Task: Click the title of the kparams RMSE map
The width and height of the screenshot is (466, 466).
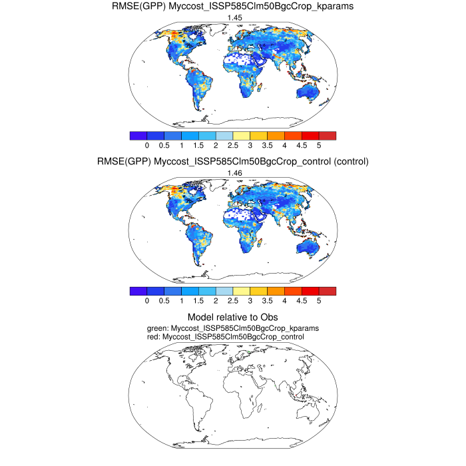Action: tap(232, 7)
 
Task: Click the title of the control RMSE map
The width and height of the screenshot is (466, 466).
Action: tap(232, 162)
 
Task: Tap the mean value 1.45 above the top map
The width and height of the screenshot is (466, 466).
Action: tap(233, 18)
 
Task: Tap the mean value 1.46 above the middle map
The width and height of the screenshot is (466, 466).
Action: tap(233, 173)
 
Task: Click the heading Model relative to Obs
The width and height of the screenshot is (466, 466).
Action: tap(232, 317)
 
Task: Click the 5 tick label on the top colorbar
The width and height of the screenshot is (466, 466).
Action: tap(319, 145)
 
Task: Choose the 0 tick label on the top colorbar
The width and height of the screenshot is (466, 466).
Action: tap(146, 145)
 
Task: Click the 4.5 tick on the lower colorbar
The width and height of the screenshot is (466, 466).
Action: tap(302, 301)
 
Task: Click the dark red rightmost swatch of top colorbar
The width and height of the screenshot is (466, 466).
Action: tap(328, 135)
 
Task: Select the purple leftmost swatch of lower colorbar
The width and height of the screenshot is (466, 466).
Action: tap(138, 291)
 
